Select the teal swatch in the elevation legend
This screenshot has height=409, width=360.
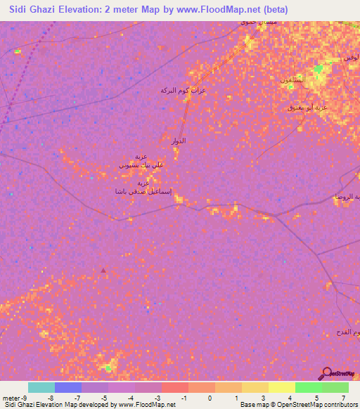click(x=41, y=387)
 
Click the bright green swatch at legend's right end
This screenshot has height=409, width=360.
click(x=335, y=387)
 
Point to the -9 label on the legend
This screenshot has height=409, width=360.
click(x=25, y=398)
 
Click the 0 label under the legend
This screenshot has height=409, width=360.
click(x=210, y=398)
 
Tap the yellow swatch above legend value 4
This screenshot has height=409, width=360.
click(x=282, y=387)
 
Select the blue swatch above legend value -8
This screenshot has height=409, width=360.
click(x=67, y=387)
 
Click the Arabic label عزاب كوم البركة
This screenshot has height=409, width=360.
click(x=184, y=91)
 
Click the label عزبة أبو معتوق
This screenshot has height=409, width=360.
click(x=308, y=107)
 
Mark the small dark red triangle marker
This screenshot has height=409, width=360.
click(x=103, y=270)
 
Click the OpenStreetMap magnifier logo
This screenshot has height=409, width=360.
click(x=327, y=374)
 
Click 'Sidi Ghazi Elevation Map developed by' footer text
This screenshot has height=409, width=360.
click(x=60, y=405)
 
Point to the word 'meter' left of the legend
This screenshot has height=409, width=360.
click(x=9, y=398)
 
